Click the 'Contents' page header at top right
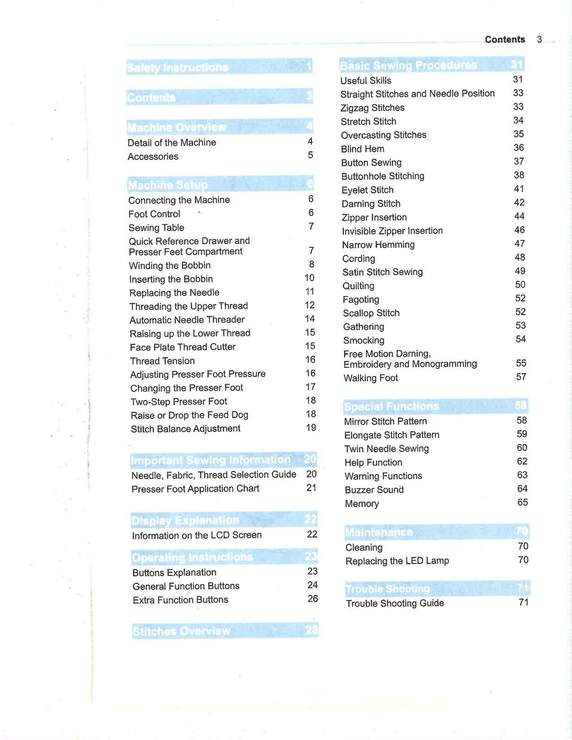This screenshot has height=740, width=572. coord(504,40)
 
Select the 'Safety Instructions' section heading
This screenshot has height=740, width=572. coord(178,68)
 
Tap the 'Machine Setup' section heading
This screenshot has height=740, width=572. coord(168,185)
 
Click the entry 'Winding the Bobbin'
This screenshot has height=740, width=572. coord(169,265)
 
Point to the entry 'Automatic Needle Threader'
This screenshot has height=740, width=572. coord(187,320)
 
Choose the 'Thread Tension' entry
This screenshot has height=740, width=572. coord(162,361)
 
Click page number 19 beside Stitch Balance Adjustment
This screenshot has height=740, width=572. coord(311,428)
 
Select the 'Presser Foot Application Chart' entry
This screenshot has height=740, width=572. coord(195,489)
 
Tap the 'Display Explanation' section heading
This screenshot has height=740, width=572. coord(185,520)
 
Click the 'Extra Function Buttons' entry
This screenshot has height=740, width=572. coord(180,600)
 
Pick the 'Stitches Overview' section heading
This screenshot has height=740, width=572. coord(181,631)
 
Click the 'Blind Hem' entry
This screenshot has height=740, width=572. coord(362,149)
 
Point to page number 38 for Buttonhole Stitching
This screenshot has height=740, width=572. coord(519,175)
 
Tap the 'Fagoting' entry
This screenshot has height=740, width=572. coord(361,300)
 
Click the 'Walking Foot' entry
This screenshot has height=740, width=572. coord(370,378)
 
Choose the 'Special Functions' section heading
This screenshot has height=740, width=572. coord(391,407)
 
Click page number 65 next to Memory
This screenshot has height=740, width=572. coord(522,502)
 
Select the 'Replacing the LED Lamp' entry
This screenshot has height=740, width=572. coord(397,561)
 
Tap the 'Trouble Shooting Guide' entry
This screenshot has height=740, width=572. coord(395,603)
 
